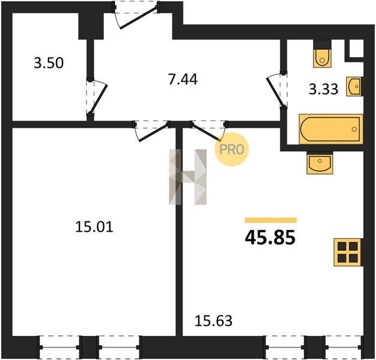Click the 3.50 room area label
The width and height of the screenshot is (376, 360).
click(x=49, y=64)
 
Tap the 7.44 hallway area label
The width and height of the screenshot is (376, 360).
click(x=183, y=80)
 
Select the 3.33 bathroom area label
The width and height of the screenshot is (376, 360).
click(x=324, y=89)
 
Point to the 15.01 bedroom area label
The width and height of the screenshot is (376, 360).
click(x=94, y=227)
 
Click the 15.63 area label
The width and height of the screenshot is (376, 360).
click(x=213, y=321)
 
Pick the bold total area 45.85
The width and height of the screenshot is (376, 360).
click(x=270, y=238)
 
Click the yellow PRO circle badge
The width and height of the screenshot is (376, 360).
click(x=232, y=149)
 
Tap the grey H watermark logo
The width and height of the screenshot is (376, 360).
click(x=188, y=177)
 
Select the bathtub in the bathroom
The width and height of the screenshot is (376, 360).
click(x=331, y=130)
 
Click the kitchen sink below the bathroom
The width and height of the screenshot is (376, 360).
click(x=320, y=163)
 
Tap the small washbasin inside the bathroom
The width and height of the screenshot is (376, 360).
click(x=354, y=87)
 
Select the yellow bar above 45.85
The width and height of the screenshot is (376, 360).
click(x=271, y=220)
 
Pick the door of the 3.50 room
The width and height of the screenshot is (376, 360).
click(x=97, y=97)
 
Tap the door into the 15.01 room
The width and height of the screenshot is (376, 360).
click(x=152, y=131)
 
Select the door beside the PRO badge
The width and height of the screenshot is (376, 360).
click(x=208, y=130)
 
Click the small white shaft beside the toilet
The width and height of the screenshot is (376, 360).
click(x=357, y=49)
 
